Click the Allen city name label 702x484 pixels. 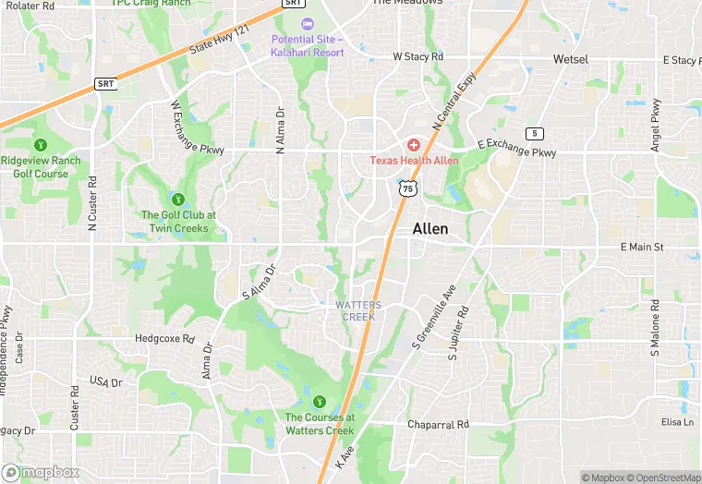click(430, 229)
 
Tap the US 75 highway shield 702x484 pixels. click(406, 188)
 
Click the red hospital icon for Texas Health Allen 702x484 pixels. click(413, 145)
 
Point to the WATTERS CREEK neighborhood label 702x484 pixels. click(358, 311)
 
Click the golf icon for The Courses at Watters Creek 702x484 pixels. click(319, 401)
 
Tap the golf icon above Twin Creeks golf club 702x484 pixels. click(177, 199)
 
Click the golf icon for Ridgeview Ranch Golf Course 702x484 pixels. click(40, 145)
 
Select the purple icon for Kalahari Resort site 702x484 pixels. click(307, 23)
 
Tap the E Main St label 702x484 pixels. click(642, 248)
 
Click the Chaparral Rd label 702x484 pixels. click(439, 425)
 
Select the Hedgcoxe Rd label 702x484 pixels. click(164, 339)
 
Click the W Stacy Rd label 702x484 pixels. click(418, 57)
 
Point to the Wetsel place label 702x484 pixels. click(571, 59)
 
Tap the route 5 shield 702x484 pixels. click(534, 134)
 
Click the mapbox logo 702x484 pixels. click(40, 472)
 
